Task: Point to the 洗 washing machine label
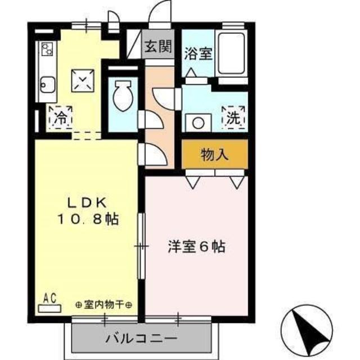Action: coord(233,119)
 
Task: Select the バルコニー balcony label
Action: coord(141,339)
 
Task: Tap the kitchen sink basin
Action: coord(46,87)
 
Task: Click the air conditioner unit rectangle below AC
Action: coord(50,308)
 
